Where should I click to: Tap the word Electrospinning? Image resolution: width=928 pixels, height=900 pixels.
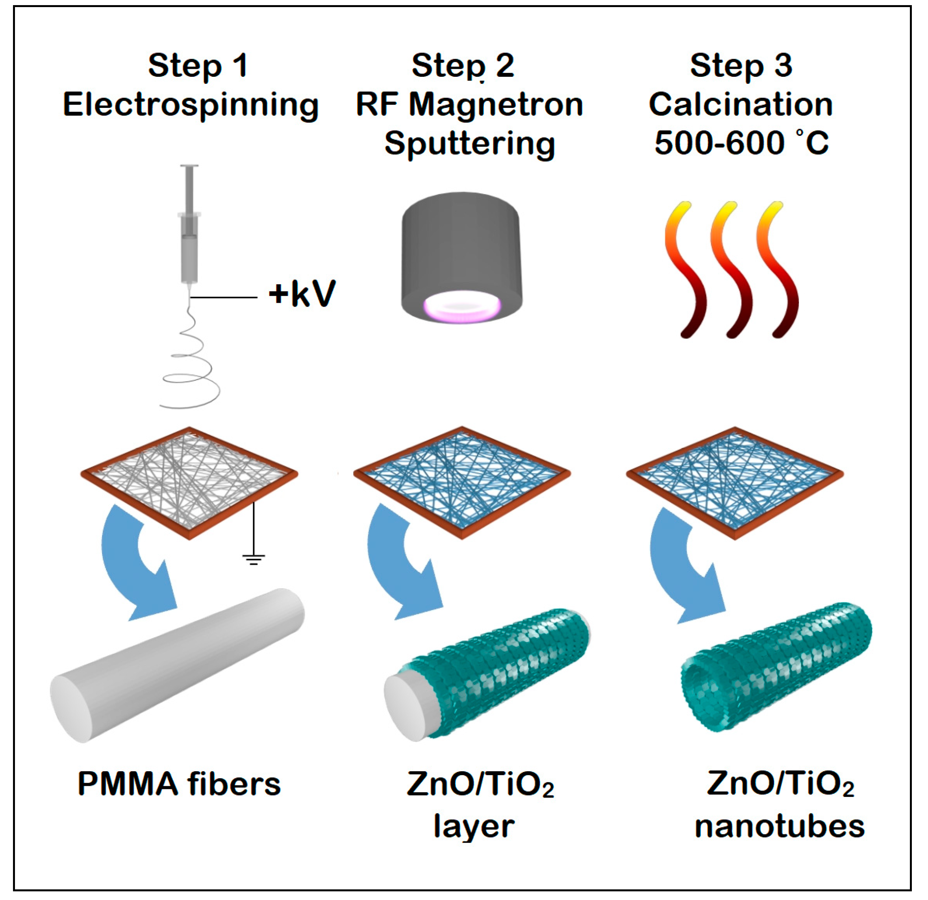(x=191, y=105)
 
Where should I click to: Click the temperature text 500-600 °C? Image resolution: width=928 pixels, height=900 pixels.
(x=741, y=143)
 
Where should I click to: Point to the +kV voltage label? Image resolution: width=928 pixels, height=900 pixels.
(x=302, y=294)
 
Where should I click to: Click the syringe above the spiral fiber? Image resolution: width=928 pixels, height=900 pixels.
(x=189, y=227)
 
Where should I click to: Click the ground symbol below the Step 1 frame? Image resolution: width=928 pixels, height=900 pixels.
(x=254, y=559)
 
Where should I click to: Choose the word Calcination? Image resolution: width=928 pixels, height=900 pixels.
(x=741, y=105)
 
